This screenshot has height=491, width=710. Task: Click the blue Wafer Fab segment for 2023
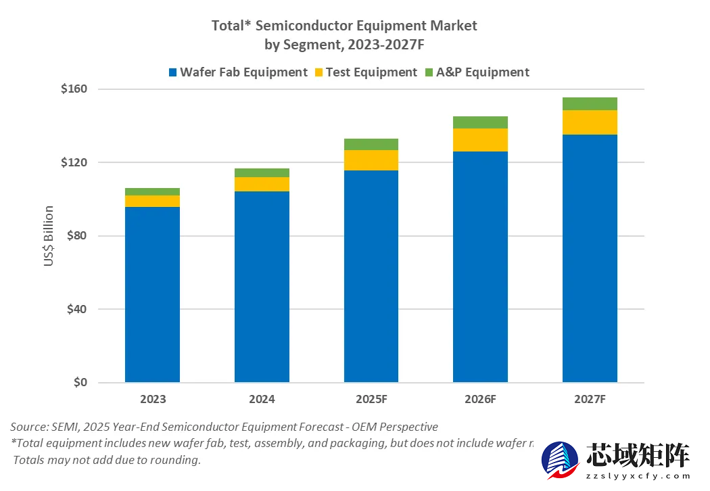click(152, 294)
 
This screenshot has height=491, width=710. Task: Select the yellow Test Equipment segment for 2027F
click(590, 122)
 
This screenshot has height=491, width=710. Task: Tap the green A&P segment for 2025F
click(371, 144)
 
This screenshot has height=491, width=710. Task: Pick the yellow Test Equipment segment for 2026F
click(480, 140)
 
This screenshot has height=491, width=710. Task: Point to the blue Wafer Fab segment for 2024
click(262, 287)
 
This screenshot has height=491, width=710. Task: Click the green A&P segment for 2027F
click(590, 103)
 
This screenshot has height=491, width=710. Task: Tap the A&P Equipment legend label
click(484, 72)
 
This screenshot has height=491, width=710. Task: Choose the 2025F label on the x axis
click(371, 399)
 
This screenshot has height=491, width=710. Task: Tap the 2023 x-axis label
click(153, 399)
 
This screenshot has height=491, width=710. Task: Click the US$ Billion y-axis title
click(49, 236)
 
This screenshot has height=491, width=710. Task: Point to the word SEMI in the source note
click(64, 427)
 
